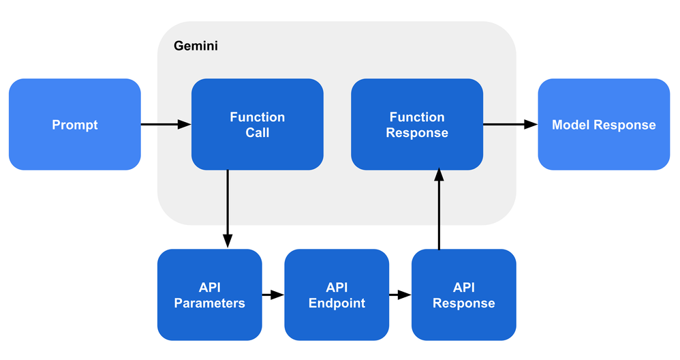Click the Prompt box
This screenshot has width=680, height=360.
click(x=75, y=124)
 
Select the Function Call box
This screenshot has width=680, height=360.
click(x=257, y=124)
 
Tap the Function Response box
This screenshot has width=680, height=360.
click(x=416, y=124)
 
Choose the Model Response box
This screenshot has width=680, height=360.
click(x=604, y=124)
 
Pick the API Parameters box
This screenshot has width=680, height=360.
click(x=209, y=295)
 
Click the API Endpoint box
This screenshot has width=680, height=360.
click(x=337, y=295)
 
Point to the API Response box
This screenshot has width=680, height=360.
click(x=463, y=295)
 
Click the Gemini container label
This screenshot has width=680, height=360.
click(x=196, y=46)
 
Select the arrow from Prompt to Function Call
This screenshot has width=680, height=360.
click(x=166, y=124)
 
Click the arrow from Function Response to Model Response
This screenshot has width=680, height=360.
click(x=510, y=124)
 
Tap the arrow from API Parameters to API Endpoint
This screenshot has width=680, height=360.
click(x=273, y=295)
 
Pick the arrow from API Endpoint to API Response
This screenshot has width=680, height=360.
click(x=400, y=295)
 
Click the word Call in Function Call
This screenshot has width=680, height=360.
click(x=258, y=133)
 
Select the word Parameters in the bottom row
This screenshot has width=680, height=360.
click(x=209, y=303)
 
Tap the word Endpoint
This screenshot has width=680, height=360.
click(x=337, y=303)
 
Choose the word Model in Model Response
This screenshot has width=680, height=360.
click(x=571, y=125)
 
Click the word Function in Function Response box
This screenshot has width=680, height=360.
click(x=416, y=117)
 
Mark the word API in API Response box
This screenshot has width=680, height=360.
click(x=463, y=287)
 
